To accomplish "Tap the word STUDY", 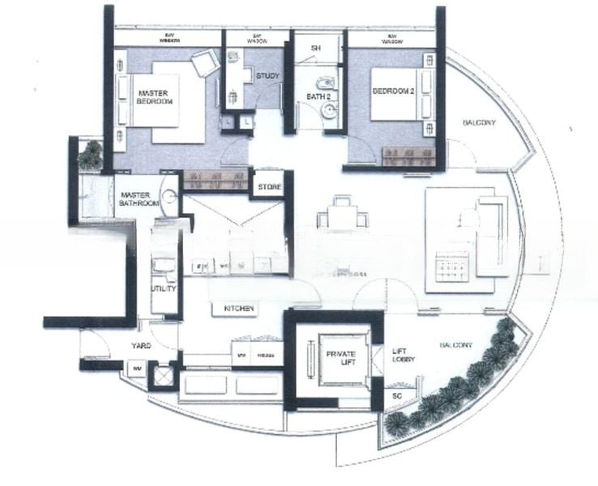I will (267, 76).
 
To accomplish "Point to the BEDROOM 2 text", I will (393, 92).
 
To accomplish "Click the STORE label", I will (269, 187).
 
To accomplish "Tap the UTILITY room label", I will (164, 288).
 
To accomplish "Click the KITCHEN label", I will (234, 309).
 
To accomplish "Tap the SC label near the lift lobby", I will (395, 398).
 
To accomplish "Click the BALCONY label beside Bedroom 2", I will (478, 122).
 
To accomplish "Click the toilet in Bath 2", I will (326, 83).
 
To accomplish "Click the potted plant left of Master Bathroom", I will (89, 154).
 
